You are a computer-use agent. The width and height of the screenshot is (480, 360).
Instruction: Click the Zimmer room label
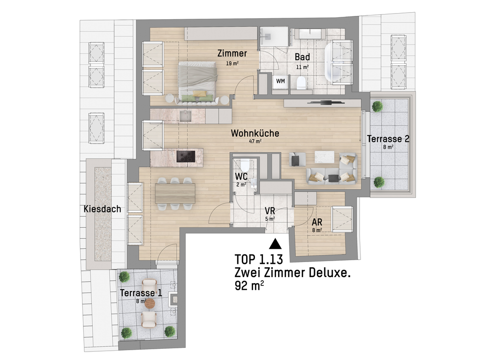tap(232, 53)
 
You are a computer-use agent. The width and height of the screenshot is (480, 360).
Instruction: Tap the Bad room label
tap(302, 57)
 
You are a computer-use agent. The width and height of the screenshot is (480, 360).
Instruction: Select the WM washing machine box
tap(280, 81)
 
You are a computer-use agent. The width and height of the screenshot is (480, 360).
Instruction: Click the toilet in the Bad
tap(301, 82)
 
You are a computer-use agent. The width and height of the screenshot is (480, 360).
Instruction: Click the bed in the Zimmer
tap(198, 81)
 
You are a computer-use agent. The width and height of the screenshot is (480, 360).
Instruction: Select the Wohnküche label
tap(255, 133)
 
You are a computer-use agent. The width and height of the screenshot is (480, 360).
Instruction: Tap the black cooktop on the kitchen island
tap(186, 157)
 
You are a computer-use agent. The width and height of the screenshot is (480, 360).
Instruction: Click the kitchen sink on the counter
tap(186, 116)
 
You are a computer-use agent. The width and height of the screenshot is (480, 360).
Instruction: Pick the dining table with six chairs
tap(175, 194)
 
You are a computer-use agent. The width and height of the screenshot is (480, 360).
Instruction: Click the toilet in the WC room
tap(245, 165)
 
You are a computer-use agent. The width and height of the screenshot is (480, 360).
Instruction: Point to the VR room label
tap(270, 211)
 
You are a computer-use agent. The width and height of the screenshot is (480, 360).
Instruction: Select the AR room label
tap(317, 222)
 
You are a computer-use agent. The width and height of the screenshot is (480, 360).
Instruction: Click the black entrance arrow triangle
tap(275, 244)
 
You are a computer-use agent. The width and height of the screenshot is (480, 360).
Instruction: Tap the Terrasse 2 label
tap(388, 139)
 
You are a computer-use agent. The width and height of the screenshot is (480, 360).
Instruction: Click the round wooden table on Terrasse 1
tap(150, 304)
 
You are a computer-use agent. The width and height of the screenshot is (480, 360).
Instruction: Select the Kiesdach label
tap(102, 209)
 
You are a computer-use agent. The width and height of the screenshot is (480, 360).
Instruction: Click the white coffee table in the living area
tap(325, 157)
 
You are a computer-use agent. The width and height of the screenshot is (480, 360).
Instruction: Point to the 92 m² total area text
tap(249, 286)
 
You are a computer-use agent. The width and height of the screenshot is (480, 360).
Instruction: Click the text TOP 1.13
tap(259, 259)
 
